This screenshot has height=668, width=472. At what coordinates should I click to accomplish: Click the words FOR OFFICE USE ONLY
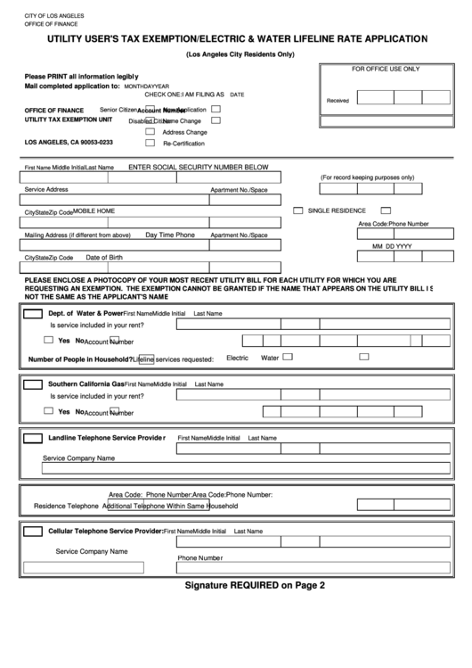[x=385, y=69]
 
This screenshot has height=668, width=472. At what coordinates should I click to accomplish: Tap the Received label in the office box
[x=338, y=101]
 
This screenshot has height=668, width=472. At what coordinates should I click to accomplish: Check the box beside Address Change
[x=151, y=131]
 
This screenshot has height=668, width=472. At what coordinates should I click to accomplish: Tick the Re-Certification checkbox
[x=151, y=143]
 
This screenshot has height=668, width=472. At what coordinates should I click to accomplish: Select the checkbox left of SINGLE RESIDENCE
[x=298, y=210]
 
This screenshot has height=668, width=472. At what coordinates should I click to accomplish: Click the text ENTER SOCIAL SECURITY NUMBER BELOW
[x=198, y=167]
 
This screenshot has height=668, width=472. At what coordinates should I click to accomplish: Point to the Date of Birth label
[x=104, y=258]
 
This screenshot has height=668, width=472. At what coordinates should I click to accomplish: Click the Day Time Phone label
[x=170, y=235]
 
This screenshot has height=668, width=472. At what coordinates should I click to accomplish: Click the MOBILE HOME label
[x=94, y=211]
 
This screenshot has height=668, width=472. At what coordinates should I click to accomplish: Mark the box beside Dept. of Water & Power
[x=32, y=314]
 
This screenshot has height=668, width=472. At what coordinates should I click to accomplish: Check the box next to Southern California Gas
[x=32, y=384]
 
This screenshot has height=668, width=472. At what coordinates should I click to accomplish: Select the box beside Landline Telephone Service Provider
[x=32, y=438]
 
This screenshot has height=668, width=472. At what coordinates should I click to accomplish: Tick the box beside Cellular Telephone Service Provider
[x=32, y=531]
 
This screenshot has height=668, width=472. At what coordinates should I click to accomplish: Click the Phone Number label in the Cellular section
[x=199, y=558]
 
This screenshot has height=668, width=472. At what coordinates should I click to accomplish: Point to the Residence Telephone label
[x=66, y=506]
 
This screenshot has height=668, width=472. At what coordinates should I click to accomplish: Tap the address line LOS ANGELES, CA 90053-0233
[x=69, y=143]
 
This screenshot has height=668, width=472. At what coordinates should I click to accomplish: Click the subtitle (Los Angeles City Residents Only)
[x=240, y=54]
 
